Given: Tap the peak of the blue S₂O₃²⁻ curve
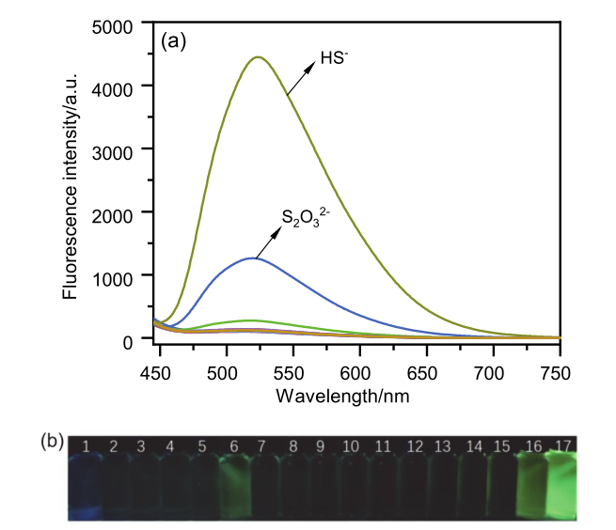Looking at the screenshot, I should point(252,257).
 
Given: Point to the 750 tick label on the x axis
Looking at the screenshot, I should point(557,374).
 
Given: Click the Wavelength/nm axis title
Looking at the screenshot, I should point(342,397).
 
